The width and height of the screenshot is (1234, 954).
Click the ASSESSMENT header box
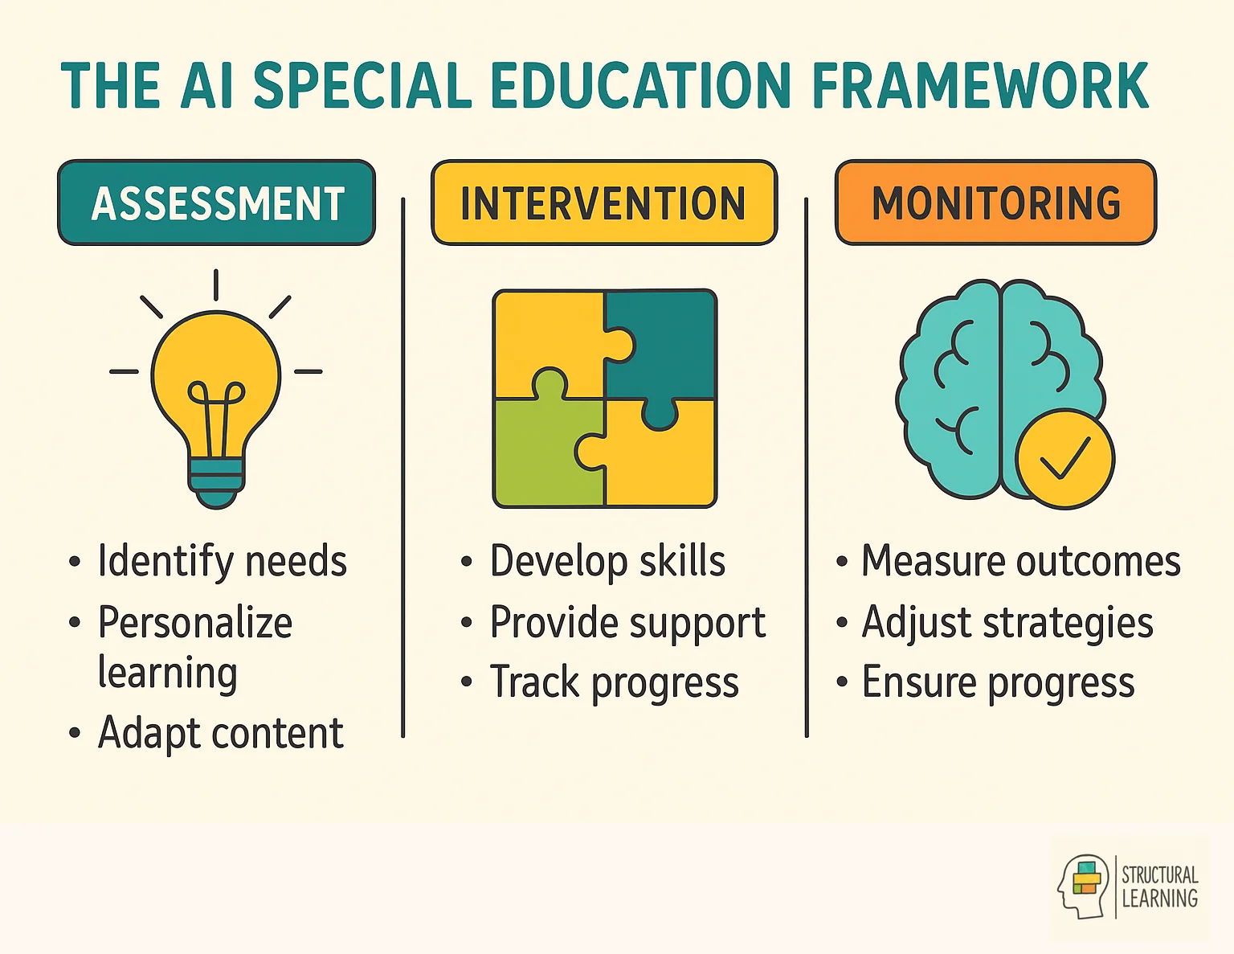click(216, 203)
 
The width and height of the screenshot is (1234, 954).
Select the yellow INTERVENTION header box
click(604, 203)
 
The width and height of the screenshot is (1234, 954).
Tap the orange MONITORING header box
click(996, 203)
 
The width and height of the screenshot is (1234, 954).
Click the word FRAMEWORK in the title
click(980, 85)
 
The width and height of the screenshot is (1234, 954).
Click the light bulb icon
click(216, 386)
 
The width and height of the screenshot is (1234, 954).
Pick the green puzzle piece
click(546, 454)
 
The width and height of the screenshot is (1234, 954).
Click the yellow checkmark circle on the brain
click(1064, 458)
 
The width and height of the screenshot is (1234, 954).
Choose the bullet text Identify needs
click(222, 561)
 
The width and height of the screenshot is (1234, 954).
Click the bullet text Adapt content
click(220, 733)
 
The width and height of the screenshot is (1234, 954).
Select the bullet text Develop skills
click(607, 561)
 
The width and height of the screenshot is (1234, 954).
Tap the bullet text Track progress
click(614, 683)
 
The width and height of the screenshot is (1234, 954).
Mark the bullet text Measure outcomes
click(1020, 561)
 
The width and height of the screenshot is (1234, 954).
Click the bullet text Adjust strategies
click(1007, 623)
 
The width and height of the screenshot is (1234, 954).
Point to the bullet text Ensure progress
click(998, 683)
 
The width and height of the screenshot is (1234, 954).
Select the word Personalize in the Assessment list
click(195, 623)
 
